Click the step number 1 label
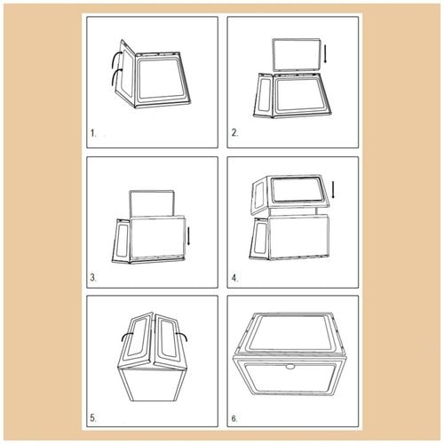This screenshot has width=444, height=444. pos(93,133)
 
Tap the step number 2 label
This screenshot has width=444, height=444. pos(234,133)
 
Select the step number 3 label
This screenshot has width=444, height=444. pos(93,278)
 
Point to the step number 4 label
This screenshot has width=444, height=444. pos(234,278)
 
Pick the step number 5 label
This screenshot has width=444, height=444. pos(93,418)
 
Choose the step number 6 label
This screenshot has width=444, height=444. pos(234,418)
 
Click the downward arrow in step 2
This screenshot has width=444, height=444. pos(325,53)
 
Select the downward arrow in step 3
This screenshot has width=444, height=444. pos(188,236)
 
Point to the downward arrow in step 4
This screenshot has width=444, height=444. pos(333,190)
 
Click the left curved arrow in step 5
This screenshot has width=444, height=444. pos(127,336)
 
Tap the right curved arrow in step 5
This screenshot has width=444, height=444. pos(182,336)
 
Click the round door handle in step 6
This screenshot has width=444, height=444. pos(289,367)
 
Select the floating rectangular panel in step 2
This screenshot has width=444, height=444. pos(297,55)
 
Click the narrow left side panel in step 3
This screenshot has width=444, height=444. pos(121,241)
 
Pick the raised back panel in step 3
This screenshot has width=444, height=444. pos(151,203)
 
